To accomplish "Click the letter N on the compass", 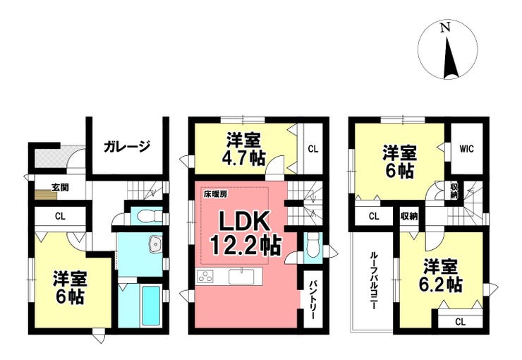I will click(x=444, y=28).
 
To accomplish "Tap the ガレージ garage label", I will click(x=127, y=147).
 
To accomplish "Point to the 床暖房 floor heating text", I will click(x=216, y=193).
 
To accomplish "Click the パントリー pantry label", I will click(x=311, y=297).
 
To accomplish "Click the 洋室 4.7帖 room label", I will click(x=243, y=148).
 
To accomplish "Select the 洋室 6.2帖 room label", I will click(x=442, y=276).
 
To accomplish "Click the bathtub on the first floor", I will click(x=150, y=305).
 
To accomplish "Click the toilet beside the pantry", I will click(x=312, y=246).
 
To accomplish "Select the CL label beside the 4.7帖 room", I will click(x=312, y=148).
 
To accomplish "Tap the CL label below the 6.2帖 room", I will click(x=459, y=322).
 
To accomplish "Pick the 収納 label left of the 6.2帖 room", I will click(x=408, y=216).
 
